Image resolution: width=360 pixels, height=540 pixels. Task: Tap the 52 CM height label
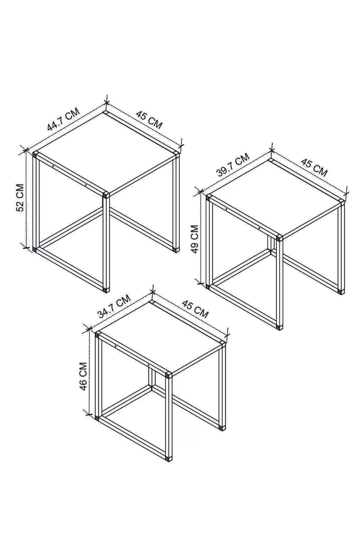[20, 198]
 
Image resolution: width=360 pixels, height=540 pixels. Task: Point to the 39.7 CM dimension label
[233, 165]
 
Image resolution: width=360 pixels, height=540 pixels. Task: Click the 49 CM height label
[194, 239]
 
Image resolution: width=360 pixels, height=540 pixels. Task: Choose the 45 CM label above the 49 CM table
[314, 167]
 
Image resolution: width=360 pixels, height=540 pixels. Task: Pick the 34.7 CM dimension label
[114, 307]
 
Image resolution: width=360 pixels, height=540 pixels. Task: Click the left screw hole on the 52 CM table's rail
[53, 166]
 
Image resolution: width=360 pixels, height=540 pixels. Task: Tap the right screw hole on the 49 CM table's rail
[259, 228]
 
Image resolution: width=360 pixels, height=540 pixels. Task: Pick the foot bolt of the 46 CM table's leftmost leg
[97, 417]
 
